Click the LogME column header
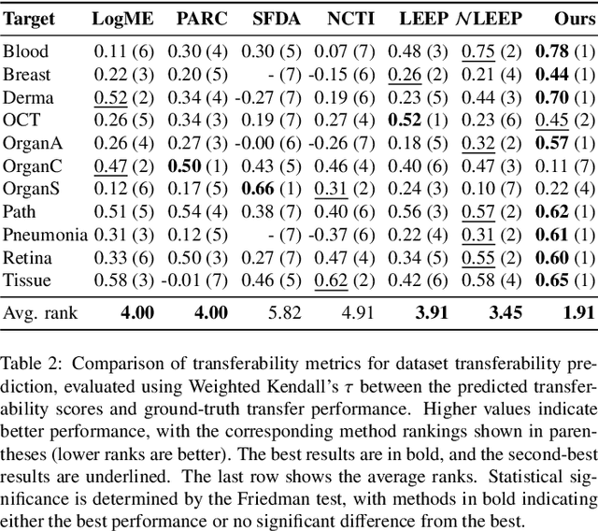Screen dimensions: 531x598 click(122, 18)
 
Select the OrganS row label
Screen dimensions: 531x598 click(34, 188)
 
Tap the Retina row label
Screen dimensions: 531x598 click(28, 257)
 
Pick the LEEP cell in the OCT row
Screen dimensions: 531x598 click(422, 120)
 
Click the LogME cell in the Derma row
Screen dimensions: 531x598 click(122, 96)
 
